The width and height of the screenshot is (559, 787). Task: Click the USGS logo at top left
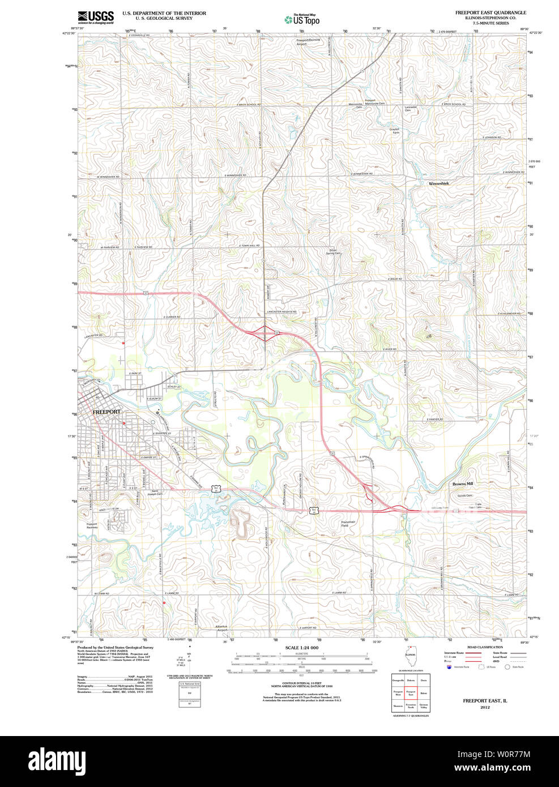pos(96,16)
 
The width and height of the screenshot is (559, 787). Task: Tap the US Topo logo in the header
pos(302,19)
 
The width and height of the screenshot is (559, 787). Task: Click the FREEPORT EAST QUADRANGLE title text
pos(490,12)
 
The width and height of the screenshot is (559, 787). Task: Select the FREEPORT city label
pos(106,412)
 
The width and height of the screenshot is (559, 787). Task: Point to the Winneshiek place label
pos(439,184)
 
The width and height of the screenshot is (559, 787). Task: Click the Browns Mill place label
pos(462,484)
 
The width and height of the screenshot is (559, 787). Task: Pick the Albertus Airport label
pos(221,628)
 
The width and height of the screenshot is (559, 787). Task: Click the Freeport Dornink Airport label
pos(309,42)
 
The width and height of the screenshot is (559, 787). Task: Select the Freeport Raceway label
pos(92,525)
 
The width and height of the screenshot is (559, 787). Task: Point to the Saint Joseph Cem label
pos(155,493)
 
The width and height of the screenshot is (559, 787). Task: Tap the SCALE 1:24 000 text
pos(302,648)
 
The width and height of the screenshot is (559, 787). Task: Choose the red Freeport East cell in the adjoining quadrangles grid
pos(411,692)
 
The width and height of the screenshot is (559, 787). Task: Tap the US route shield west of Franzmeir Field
pos(314,510)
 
